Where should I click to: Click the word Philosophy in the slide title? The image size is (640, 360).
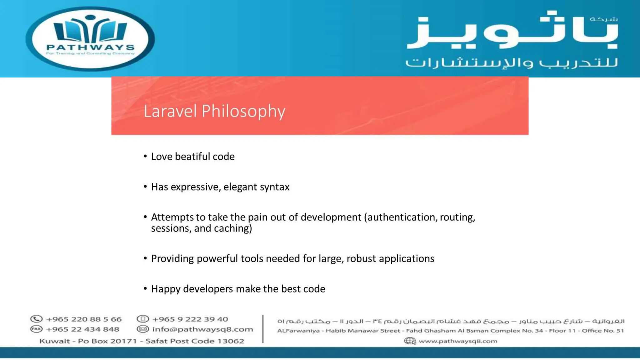pos(243,111)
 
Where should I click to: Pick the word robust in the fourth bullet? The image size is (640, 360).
pos(361,259)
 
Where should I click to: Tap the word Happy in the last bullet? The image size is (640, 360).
pos(166,289)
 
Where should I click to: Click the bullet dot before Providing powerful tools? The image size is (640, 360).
pos(145,258)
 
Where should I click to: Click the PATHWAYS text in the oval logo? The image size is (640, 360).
pos(91,47)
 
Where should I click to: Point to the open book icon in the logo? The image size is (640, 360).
pos(90,30)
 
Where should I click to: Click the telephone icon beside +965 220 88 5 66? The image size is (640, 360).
pos(36,319)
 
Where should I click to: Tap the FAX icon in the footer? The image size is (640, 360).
pos(36,329)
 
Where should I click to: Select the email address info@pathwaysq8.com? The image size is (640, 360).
pos(202,329)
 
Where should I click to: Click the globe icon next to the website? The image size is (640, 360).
pos(410,341)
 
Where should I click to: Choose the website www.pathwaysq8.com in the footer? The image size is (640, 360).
pos(458,341)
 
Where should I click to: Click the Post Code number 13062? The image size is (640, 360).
pos(230,341)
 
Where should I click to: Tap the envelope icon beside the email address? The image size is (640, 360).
pos(143,329)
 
